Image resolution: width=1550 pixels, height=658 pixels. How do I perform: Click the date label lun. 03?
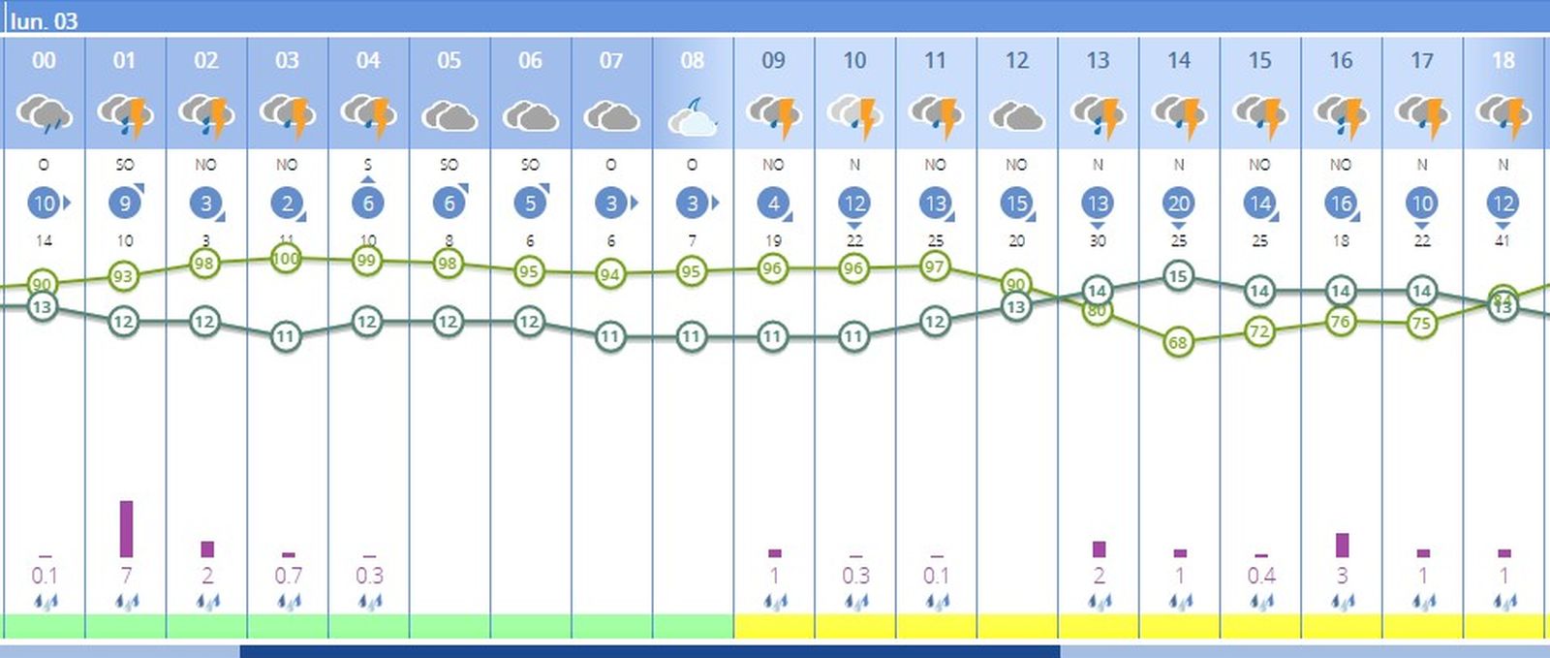point(44,20)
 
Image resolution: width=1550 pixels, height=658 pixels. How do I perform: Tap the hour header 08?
point(692,60)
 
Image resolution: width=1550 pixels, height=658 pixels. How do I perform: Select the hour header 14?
point(1178,60)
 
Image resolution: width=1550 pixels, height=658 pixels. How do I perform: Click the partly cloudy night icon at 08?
point(693,117)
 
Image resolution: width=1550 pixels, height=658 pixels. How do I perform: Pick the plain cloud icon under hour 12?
point(1016,117)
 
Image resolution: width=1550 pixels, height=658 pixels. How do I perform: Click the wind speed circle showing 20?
point(1178,204)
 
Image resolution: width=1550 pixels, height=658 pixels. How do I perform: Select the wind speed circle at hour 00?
point(44,204)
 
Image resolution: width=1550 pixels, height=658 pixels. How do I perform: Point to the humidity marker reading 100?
point(286,259)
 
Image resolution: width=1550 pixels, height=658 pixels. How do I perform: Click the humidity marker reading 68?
point(1177,342)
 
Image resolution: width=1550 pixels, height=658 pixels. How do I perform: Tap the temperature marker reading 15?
point(1177,276)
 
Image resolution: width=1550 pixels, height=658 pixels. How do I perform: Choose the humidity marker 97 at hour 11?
point(934,266)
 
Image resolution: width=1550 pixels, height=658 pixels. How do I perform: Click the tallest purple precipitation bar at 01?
point(126,528)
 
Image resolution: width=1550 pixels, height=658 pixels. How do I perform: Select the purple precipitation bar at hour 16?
point(1342,545)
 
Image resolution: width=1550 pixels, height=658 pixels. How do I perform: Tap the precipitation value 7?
point(126,576)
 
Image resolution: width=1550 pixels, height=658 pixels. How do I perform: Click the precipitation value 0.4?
point(1260,576)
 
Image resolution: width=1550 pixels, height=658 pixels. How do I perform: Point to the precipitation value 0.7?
point(288,576)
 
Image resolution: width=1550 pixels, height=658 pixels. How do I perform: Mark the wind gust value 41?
point(1503,240)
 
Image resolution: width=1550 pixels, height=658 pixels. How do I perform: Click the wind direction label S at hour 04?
point(368,165)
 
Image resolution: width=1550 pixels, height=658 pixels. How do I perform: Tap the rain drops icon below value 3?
point(1342,602)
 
